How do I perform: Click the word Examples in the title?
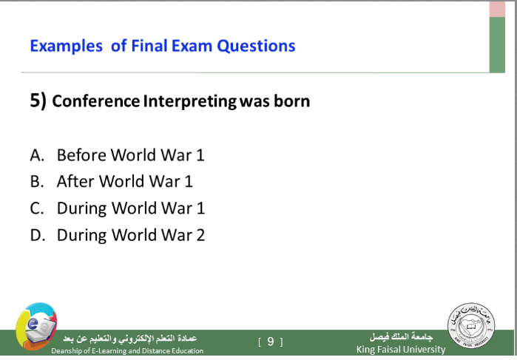[x=67, y=46]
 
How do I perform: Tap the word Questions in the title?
[x=256, y=46]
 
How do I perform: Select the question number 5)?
[x=38, y=101]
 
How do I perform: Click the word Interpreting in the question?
[x=190, y=101]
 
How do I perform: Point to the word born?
[x=292, y=101]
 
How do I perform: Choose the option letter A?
[x=37, y=155]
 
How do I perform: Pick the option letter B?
[x=36, y=182]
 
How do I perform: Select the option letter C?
[x=36, y=208]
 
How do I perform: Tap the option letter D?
[x=37, y=235]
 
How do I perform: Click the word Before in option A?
[x=81, y=155]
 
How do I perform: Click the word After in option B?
[x=76, y=181]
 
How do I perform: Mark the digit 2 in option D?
[x=200, y=235]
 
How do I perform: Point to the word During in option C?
[x=81, y=208]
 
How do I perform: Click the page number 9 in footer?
[x=271, y=342]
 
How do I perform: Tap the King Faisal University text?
[x=401, y=350]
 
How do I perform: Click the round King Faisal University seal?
[x=471, y=325]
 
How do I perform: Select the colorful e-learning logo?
[x=36, y=327]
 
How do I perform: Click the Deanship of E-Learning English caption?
[x=127, y=351]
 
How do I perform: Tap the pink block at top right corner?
[x=497, y=9]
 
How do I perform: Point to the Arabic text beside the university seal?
[x=401, y=336]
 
